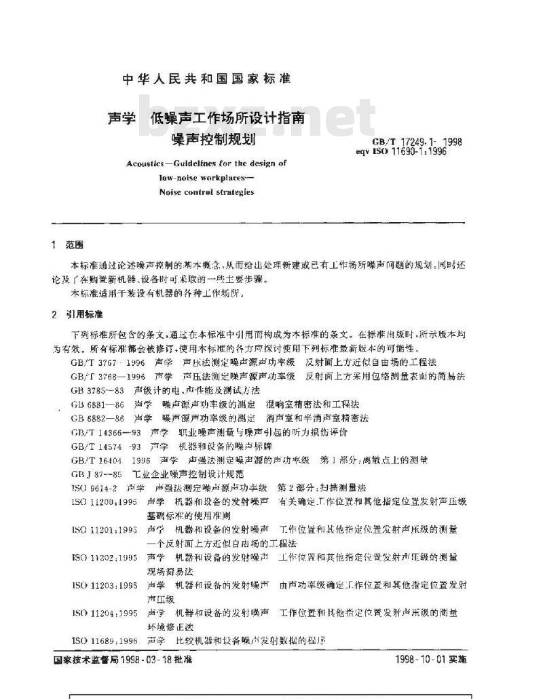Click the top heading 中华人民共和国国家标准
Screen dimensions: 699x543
click(206, 79)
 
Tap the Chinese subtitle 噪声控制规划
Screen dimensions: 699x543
click(206, 141)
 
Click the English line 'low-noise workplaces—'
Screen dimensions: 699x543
click(206, 177)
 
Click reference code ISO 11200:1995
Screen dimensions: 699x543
click(102, 501)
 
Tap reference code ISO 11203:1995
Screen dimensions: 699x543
click(102, 584)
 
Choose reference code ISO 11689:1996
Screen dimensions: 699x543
click(102, 640)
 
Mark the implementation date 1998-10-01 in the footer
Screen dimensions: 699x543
click(423, 659)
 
